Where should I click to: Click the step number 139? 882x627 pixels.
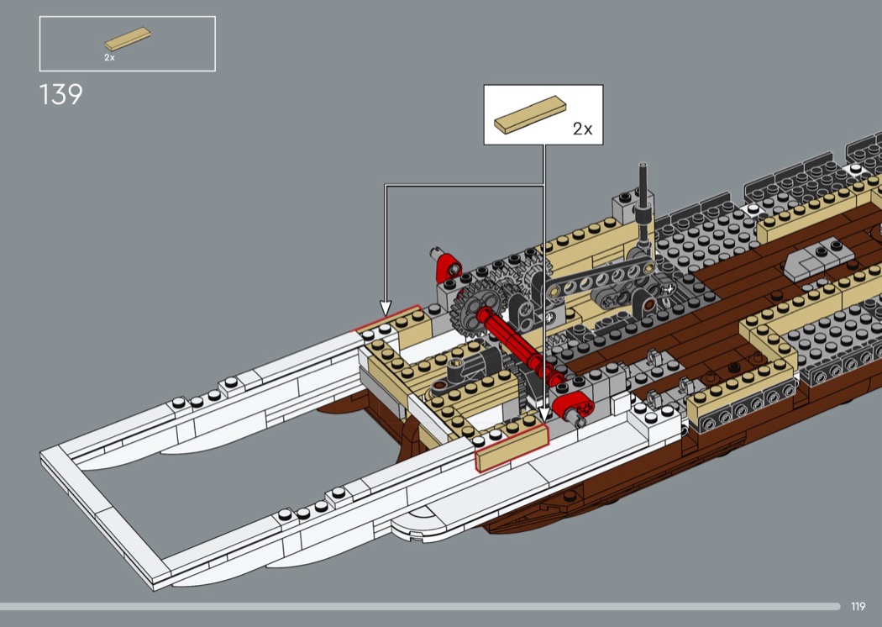point(60,94)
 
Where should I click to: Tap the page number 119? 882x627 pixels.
point(858,606)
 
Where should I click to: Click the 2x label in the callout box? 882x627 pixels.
point(582,129)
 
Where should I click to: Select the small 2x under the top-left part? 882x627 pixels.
point(109,57)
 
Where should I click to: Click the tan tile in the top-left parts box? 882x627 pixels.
point(127,39)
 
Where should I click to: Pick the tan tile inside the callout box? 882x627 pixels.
point(530,114)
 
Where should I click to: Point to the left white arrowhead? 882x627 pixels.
point(386,308)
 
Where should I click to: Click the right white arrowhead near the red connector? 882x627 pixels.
point(544,414)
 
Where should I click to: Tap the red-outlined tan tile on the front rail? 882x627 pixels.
point(511,447)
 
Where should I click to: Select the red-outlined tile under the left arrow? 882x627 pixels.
point(387,321)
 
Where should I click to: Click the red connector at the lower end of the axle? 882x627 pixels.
point(571,410)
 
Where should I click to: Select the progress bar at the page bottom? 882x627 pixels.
point(420,606)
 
